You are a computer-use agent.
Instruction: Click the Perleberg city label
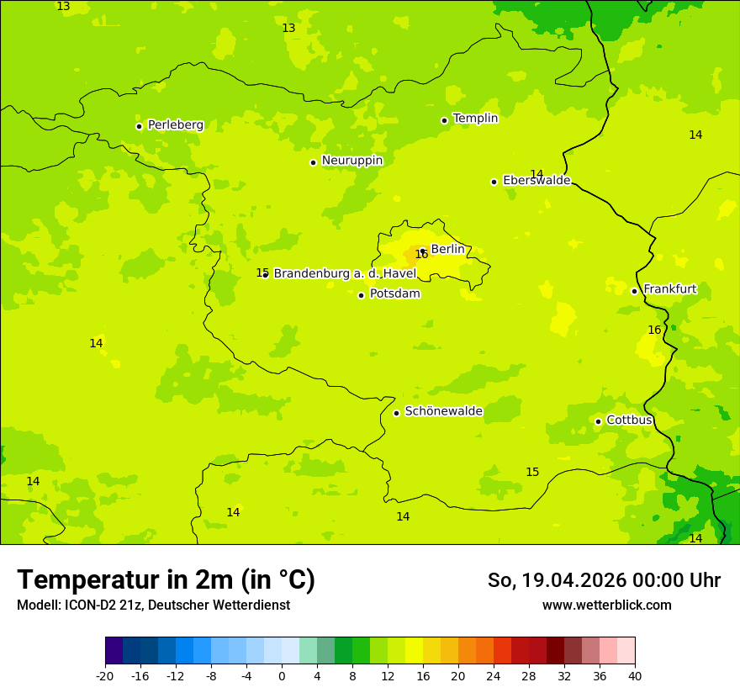(175, 125)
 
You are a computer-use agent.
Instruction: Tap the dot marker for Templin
(444, 120)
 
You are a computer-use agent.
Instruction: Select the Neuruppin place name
(351, 161)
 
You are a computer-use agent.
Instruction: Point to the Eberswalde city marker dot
(494, 182)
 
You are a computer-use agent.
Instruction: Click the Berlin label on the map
(447, 249)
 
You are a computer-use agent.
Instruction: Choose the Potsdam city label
(394, 293)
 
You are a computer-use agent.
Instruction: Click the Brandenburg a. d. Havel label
(345, 273)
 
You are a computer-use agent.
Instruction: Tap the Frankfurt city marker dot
(634, 291)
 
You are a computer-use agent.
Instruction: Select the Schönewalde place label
(443, 411)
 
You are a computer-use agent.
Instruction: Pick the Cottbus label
(629, 420)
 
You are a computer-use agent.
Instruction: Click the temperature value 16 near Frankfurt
(654, 330)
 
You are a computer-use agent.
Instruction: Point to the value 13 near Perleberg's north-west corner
(63, 7)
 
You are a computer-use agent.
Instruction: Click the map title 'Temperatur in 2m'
(166, 580)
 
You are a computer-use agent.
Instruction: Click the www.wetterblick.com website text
(606, 605)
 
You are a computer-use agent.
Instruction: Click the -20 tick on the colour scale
(105, 675)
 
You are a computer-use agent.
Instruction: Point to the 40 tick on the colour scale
(634, 675)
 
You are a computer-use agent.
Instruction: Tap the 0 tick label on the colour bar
(282, 675)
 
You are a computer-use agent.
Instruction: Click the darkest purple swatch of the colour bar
(114, 651)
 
